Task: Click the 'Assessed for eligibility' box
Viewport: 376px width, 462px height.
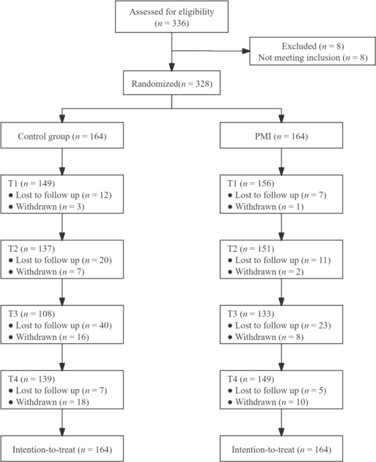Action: click(171, 16)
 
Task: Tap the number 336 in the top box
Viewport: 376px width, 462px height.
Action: click(180, 24)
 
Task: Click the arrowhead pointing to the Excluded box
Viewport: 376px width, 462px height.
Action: click(246, 51)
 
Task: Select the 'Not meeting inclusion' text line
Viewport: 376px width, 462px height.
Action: click(313, 57)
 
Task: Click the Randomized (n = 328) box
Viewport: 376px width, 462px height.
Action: click(171, 83)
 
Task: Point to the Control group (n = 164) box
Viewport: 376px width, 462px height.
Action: click(62, 136)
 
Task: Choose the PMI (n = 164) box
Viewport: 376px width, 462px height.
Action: click(281, 136)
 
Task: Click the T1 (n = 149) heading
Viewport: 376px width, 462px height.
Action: click(32, 183)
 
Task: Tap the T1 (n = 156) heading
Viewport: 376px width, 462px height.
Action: click(250, 183)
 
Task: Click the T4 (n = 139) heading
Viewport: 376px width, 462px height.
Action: click(32, 379)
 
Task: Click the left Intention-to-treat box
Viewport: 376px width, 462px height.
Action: click(62, 449)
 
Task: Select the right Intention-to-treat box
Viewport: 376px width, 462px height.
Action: click(281, 449)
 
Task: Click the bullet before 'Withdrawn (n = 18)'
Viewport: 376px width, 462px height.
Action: click(11, 402)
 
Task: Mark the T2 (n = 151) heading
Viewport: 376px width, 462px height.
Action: click(250, 249)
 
